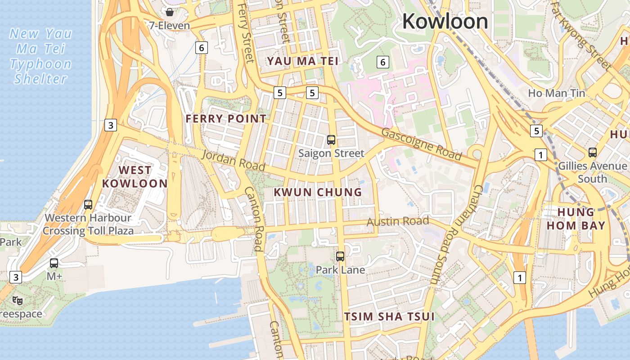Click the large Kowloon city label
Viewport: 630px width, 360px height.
coord(445,21)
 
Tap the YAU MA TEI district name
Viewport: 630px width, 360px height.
coord(302,61)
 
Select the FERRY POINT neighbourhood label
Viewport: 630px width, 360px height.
coord(226,119)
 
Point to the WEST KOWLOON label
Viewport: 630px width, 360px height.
coord(135,176)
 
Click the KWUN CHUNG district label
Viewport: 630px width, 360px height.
coord(318,192)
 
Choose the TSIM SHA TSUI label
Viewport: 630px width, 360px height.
coord(389,316)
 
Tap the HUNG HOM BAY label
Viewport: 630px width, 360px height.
coord(576,219)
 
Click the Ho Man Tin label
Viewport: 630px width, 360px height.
coord(556,93)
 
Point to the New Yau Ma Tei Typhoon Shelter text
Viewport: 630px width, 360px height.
coord(40,56)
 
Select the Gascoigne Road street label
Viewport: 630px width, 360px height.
coord(422,144)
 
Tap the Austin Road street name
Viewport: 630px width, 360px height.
coord(397,221)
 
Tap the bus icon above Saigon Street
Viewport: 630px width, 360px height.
coord(331,140)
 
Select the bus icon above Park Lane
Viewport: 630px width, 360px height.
coord(340,256)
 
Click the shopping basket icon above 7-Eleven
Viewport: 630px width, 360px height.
coord(170,12)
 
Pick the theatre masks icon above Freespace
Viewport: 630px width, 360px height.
coord(18,300)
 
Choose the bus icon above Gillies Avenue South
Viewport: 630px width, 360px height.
coord(592,153)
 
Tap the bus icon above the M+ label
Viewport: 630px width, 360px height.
coord(54,263)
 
